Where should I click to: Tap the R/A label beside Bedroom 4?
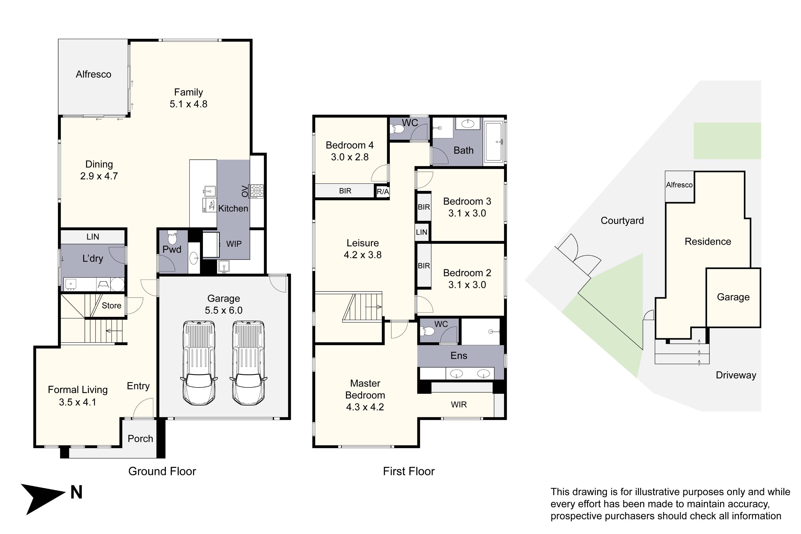tap(382, 191)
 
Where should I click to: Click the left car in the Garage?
tap(199, 363)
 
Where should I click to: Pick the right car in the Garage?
tap(248, 363)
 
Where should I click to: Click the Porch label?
tap(140, 439)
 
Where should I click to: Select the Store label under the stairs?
tap(111, 305)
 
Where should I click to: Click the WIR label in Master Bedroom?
tap(458, 405)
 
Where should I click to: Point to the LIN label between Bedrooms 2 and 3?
tap(421, 232)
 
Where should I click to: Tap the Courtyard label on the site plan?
tap(622, 221)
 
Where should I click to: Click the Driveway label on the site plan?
tap(736, 375)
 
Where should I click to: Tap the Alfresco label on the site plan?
tap(679, 185)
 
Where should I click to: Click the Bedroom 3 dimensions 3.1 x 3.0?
tap(467, 213)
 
